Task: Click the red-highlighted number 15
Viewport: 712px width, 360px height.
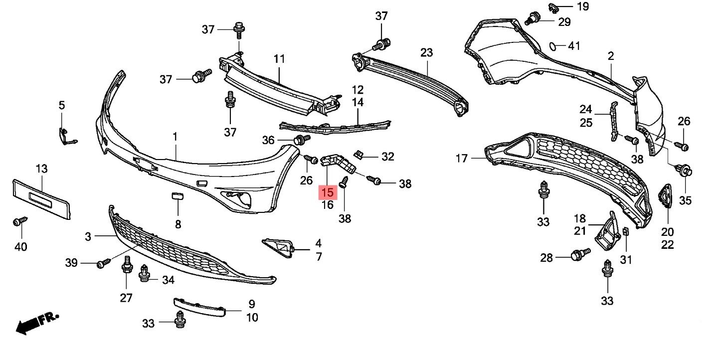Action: (328, 192)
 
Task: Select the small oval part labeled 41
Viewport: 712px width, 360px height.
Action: (553, 46)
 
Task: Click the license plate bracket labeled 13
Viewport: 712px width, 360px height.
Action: (41, 199)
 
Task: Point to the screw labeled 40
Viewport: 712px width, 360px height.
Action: (20, 221)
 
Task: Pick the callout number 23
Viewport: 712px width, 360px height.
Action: (427, 52)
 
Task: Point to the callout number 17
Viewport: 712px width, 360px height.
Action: (462, 158)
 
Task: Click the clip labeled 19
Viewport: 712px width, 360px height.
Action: (554, 8)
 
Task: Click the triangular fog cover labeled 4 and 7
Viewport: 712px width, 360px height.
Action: (278, 248)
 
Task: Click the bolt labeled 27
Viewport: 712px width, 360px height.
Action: (127, 265)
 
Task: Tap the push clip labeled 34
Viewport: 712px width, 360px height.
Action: (145, 274)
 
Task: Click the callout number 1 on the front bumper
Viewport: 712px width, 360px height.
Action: (175, 137)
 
